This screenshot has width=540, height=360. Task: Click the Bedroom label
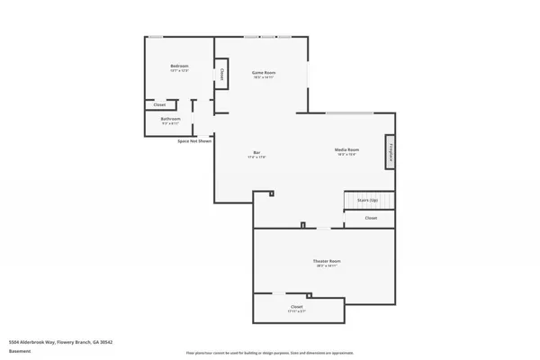pyautogui.click(x=179, y=67)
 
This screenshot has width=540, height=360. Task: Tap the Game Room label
pyautogui.click(x=263, y=72)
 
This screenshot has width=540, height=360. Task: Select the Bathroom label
pyautogui.click(x=171, y=119)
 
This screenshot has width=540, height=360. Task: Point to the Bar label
pyautogui.click(x=256, y=153)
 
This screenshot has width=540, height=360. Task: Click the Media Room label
pyautogui.click(x=347, y=149)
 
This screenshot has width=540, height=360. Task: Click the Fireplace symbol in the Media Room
pyautogui.click(x=391, y=153)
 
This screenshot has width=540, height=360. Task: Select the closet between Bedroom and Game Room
pyautogui.click(x=220, y=74)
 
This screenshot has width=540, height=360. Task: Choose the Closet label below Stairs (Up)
pyautogui.click(x=371, y=218)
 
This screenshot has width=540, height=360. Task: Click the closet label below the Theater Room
pyautogui.click(x=297, y=308)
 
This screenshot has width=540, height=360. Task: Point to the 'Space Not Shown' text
pyautogui.click(x=194, y=141)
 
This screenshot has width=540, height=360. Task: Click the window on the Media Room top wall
pyautogui.click(x=349, y=112)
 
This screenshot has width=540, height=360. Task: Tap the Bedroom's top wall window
pyautogui.click(x=156, y=37)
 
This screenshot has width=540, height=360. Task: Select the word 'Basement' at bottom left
pyautogui.click(x=18, y=353)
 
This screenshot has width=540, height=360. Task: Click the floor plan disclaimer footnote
pyautogui.click(x=269, y=353)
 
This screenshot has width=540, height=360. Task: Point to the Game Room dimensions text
pyautogui.click(x=263, y=77)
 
